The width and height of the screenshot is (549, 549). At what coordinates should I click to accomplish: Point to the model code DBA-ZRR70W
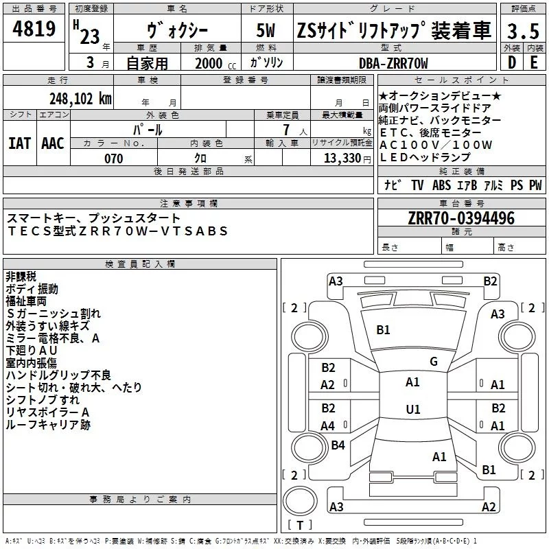coord(393,63)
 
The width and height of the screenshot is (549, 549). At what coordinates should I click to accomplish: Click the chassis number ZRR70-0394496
coord(461,218)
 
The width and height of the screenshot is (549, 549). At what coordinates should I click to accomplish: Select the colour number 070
coord(114,159)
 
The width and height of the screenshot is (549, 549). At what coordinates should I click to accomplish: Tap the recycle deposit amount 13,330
coord(341,159)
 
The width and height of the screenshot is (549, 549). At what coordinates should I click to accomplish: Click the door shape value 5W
coord(267,32)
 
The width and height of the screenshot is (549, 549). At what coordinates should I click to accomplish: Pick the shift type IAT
coord(19,143)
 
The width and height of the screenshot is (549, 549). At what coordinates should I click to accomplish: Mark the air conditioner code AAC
coord(53,143)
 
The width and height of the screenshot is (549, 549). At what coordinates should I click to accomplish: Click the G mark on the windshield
coord(433,361)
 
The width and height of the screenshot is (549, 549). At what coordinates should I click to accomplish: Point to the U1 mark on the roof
coord(412,410)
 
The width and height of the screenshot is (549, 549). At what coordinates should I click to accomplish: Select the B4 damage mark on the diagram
coord(338,445)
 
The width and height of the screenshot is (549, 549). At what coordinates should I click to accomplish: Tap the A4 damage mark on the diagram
coord(328,425)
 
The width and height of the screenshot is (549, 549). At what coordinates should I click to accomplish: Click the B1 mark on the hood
coord(383,330)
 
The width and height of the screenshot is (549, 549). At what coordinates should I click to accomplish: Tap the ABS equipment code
coord(441,185)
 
